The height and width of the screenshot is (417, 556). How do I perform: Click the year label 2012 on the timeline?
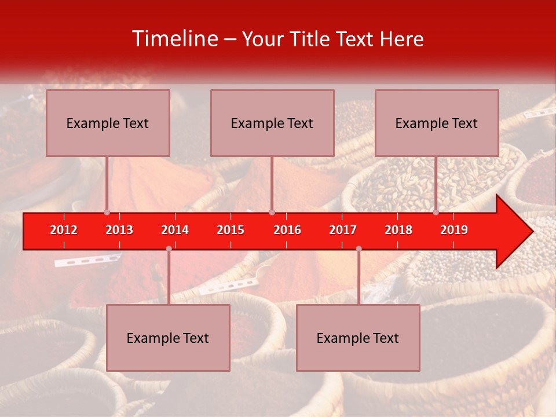pyautogui.click(x=64, y=230)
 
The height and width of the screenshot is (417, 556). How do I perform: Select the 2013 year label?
pyautogui.click(x=119, y=230)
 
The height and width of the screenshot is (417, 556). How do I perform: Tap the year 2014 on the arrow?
pyautogui.click(x=175, y=230)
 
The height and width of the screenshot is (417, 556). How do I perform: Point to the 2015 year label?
pyautogui.click(x=231, y=230)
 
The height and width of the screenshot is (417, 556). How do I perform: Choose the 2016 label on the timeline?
pyautogui.click(x=287, y=230)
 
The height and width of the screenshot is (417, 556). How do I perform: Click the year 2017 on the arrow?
pyautogui.click(x=343, y=230)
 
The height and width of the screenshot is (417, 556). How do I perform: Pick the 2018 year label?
pyautogui.click(x=398, y=230)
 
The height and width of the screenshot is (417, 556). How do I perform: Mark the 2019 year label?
pyautogui.click(x=454, y=230)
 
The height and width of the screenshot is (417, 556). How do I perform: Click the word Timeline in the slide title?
pyautogui.click(x=174, y=39)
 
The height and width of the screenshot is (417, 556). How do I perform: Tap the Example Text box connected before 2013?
pyautogui.click(x=108, y=123)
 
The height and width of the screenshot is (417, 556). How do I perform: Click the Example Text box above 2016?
pyautogui.click(x=272, y=123)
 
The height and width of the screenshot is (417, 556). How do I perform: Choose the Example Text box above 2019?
pyautogui.click(x=437, y=123)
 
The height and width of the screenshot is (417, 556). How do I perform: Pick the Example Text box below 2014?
pyautogui.click(x=168, y=338)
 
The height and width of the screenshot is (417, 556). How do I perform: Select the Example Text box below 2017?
pyautogui.click(x=358, y=338)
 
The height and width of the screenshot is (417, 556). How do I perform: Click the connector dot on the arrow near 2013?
pyautogui.click(x=107, y=212)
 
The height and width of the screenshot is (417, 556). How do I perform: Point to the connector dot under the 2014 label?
pyautogui.click(x=169, y=249)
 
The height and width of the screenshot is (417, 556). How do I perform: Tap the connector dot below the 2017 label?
pyautogui.click(x=359, y=249)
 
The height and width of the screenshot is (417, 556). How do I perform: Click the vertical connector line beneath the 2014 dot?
pyautogui.click(x=169, y=278)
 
